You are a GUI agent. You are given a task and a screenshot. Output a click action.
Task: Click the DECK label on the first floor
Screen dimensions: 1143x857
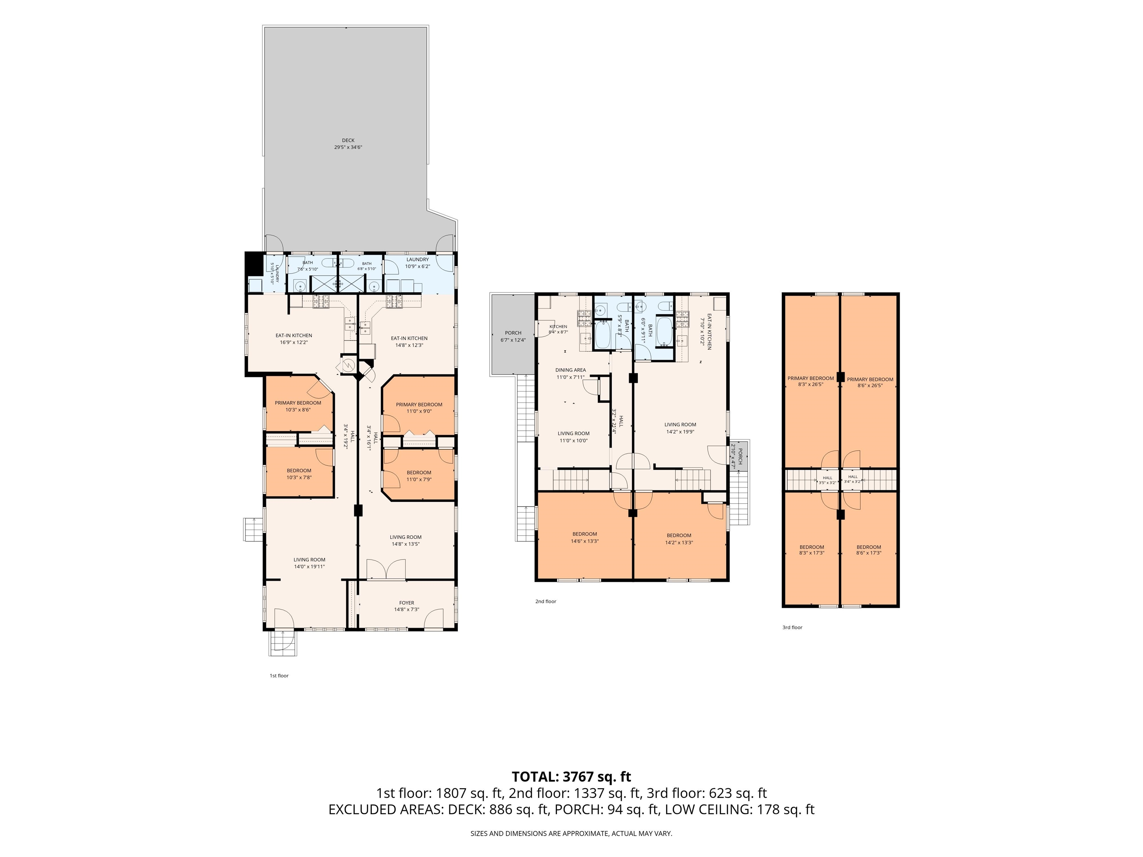point(348,140)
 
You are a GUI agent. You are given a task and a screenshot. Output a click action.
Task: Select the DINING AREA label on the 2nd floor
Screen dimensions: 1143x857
point(570,370)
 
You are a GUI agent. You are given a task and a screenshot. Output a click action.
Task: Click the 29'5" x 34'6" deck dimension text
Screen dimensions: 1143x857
point(348,147)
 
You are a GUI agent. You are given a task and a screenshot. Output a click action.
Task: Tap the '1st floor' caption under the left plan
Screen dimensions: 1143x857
point(279,676)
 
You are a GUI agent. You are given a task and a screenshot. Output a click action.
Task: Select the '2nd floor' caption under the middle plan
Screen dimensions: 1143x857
point(546,601)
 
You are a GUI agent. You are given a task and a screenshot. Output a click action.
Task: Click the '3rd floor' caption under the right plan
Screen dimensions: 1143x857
point(792,627)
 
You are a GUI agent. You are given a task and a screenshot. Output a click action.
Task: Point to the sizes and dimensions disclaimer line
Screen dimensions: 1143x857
point(571,833)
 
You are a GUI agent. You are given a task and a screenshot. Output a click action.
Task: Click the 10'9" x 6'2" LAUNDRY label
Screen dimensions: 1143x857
point(417,263)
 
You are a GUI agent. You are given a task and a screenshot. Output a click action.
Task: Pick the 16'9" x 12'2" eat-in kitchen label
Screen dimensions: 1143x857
point(294,339)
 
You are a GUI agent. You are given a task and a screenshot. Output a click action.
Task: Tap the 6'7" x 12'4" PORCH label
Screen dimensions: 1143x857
point(513,336)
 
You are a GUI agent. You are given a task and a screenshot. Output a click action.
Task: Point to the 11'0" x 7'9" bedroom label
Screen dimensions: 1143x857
point(419,476)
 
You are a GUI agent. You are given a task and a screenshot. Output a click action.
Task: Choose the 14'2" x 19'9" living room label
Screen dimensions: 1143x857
point(680,428)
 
